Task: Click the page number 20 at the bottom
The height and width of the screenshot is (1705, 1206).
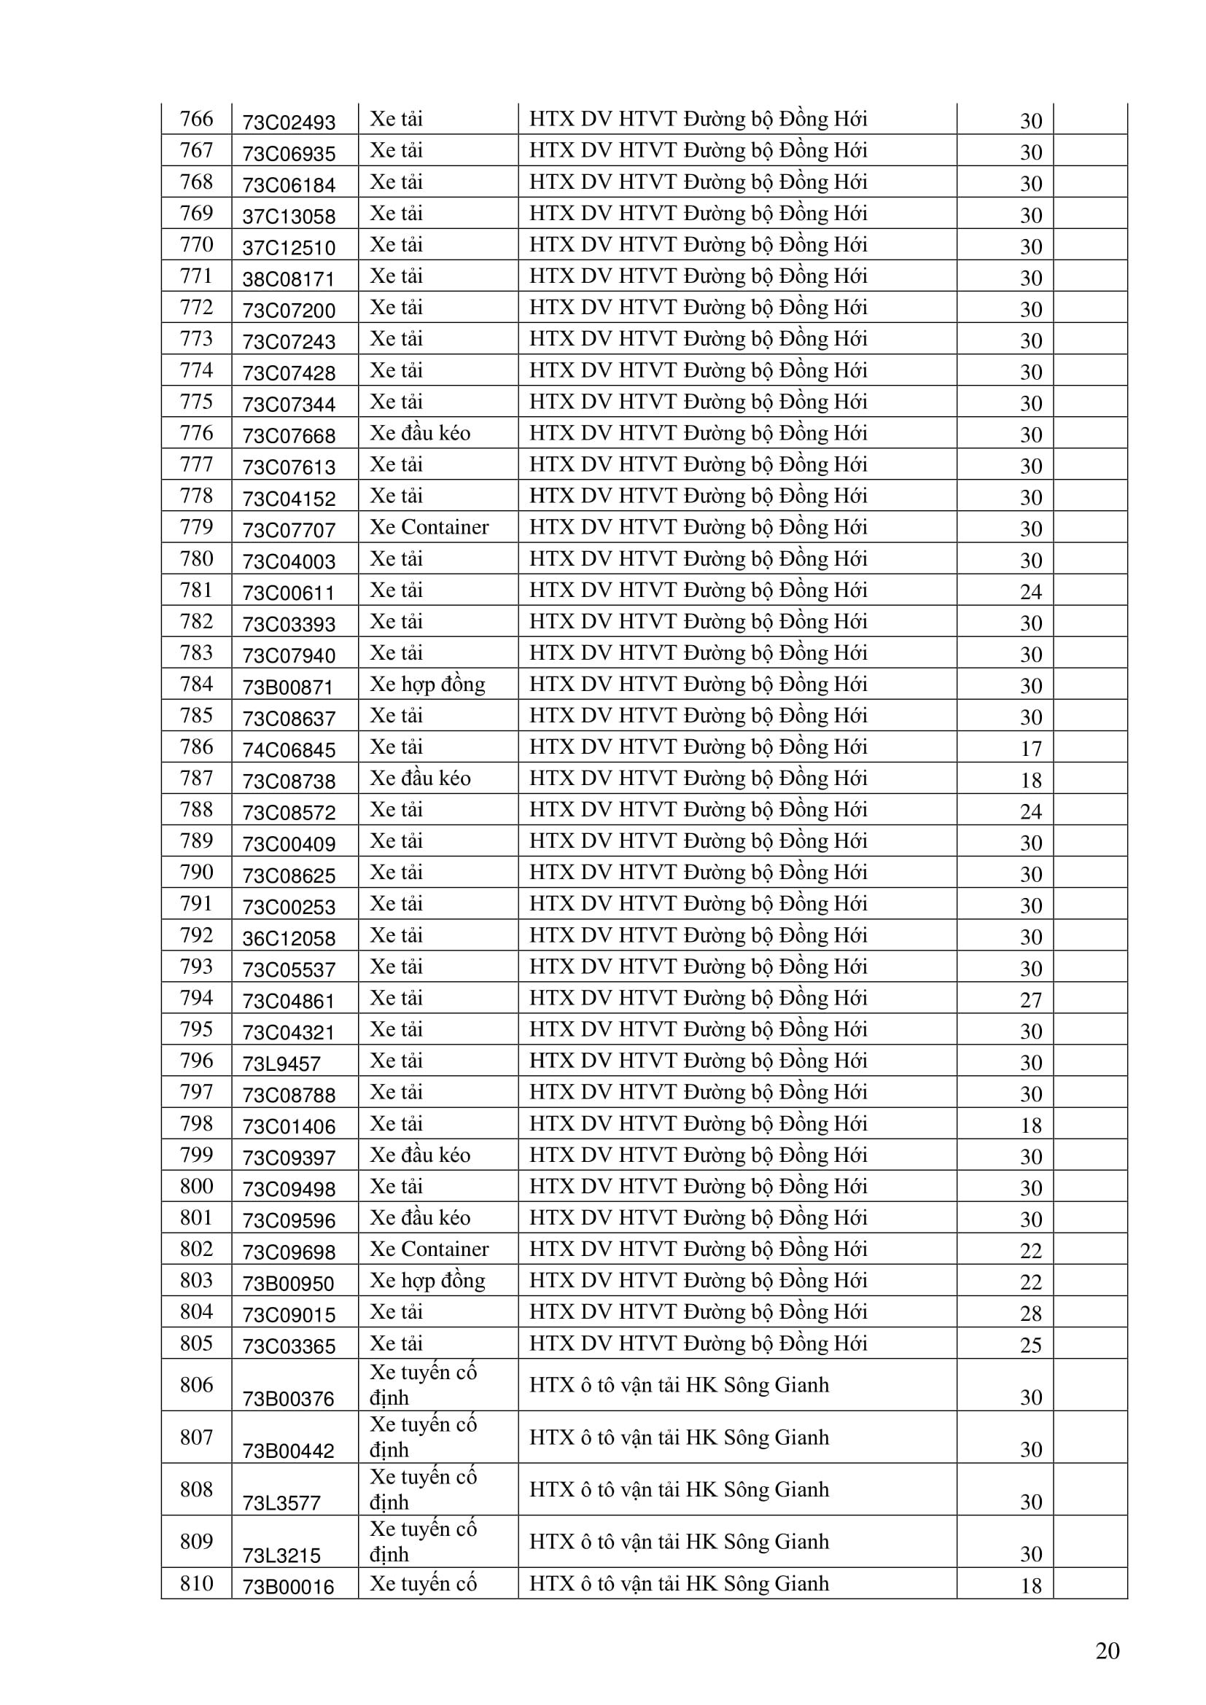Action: coord(1108,1651)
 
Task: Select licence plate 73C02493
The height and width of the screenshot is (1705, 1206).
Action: coord(289,122)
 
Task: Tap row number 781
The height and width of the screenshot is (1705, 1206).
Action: coord(196,590)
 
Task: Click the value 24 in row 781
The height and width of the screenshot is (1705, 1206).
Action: coord(1031,592)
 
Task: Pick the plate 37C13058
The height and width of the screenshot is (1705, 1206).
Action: coord(289,216)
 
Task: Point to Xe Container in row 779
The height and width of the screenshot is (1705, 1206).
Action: coord(429,527)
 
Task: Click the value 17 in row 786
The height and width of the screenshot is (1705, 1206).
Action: coord(1031,749)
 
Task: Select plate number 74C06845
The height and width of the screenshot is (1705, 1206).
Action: coord(289,750)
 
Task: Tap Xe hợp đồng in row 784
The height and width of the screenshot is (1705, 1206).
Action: coord(427,684)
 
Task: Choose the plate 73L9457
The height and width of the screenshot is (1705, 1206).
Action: coord(281,1064)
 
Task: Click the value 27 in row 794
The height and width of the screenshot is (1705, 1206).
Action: coord(1031,1000)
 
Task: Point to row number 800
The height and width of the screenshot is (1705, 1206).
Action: coord(196,1187)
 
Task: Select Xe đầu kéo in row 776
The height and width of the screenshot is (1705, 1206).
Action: coord(420,433)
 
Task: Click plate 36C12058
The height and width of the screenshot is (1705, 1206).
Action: coord(289,939)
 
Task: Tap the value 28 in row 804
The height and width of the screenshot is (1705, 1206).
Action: coord(1031,1314)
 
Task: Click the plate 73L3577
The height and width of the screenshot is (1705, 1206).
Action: coord(281,1503)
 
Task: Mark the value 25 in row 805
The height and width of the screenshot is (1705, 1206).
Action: coord(1031,1345)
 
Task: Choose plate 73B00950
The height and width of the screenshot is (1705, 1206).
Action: coord(289,1284)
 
